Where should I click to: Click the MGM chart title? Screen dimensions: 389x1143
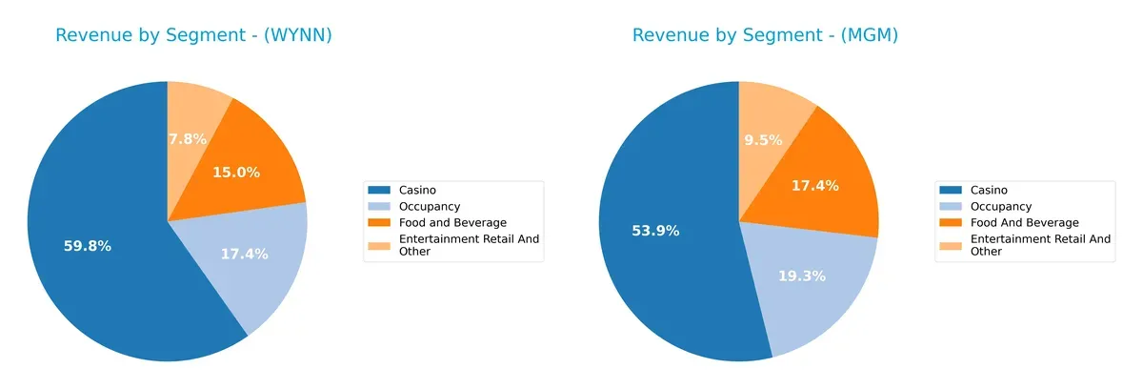point(765,35)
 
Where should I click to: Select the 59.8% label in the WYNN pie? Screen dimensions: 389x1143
point(88,246)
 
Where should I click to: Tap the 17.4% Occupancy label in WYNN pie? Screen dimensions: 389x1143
point(244,255)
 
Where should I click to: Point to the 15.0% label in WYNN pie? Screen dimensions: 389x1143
point(236,173)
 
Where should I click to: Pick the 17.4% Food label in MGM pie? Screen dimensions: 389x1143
point(814,185)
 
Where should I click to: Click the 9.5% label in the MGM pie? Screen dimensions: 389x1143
point(762,140)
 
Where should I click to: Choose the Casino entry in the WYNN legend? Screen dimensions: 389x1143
point(417,190)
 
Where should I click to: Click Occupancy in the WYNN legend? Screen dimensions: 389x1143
point(429,206)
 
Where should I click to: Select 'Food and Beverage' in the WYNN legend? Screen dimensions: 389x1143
point(452,222)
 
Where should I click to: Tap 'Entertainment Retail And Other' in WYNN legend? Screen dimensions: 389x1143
point(470,245)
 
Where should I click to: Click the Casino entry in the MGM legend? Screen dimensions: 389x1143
point(988,190)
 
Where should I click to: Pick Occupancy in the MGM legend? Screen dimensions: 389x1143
point(1000,206)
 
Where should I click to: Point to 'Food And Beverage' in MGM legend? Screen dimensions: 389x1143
point(1024,222)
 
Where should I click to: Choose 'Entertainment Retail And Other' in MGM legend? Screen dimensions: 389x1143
point(1040,245)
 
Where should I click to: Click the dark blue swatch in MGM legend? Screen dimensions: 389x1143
point(952,190)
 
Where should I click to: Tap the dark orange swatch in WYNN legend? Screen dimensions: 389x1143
point(380,222)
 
